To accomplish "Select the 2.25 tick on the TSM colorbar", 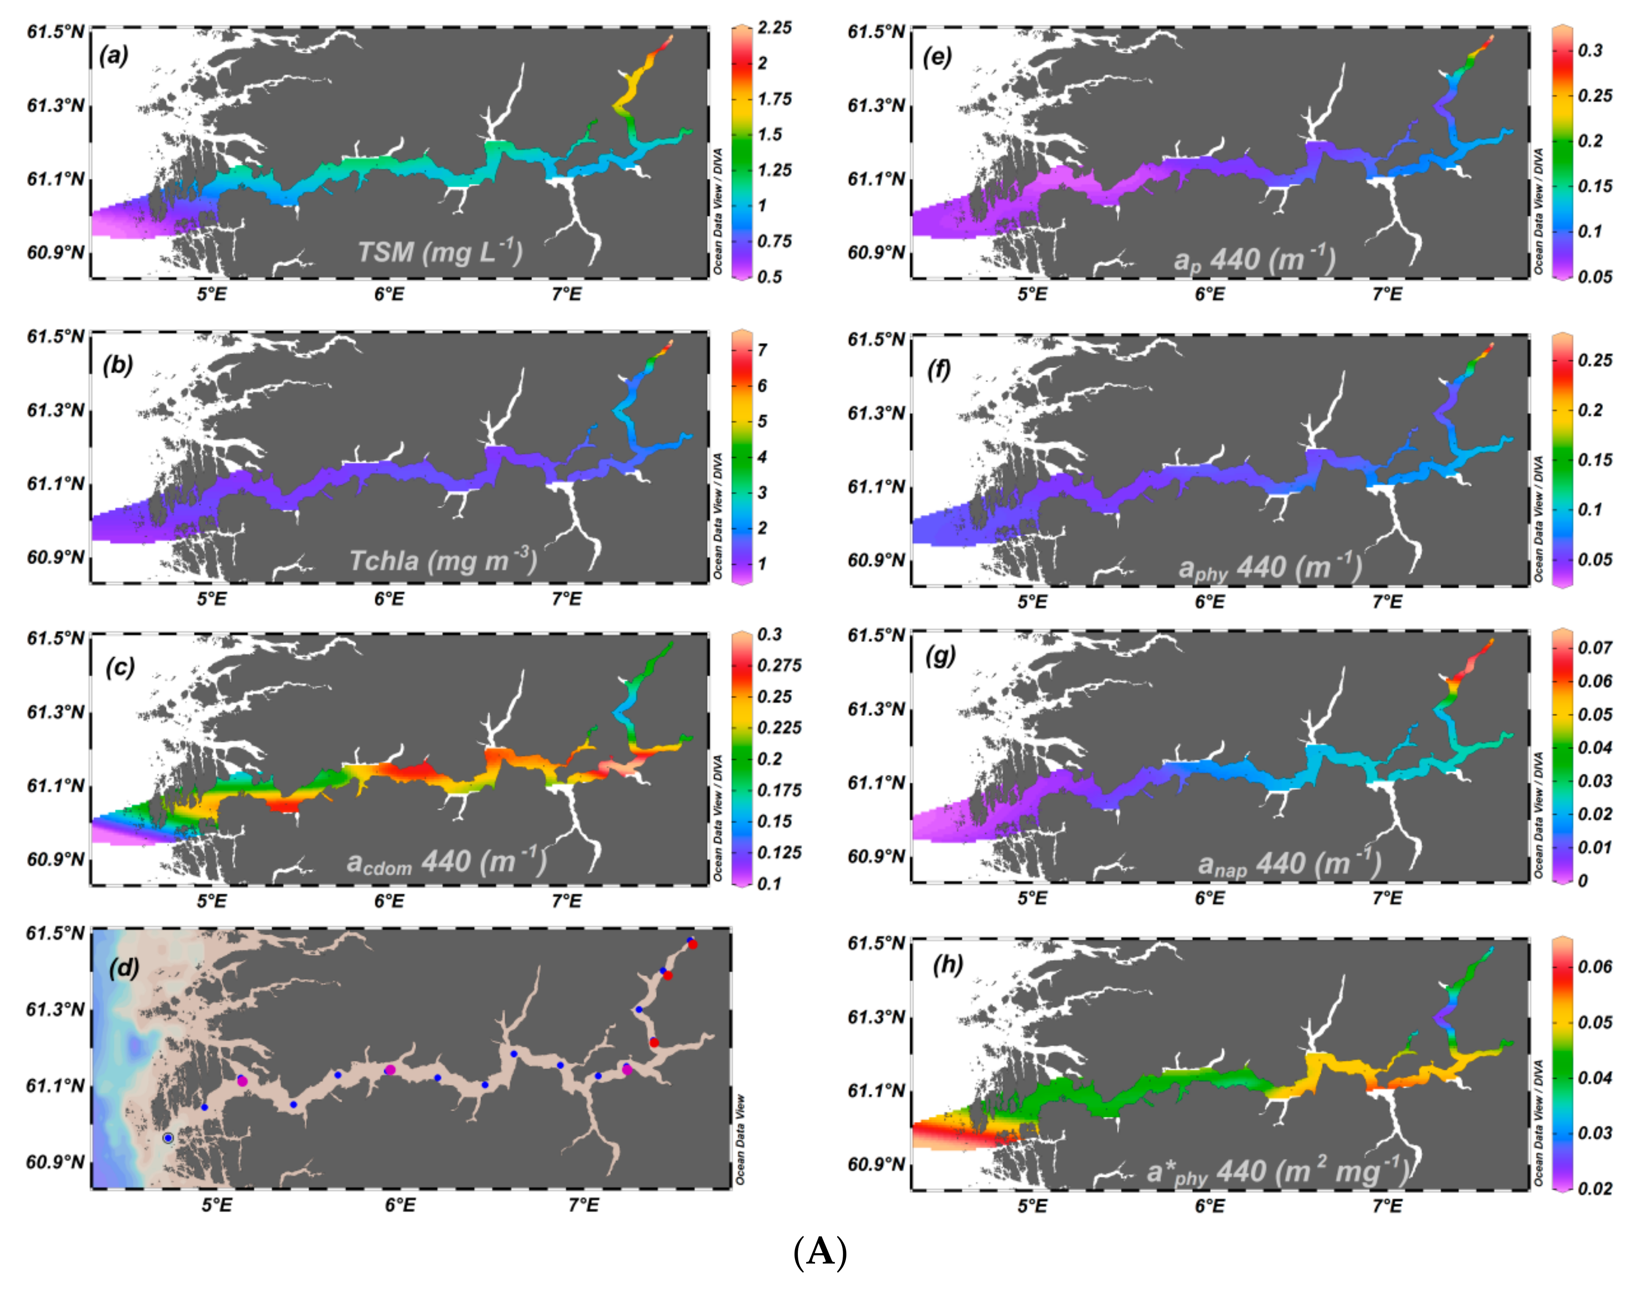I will pyautogui.click(x=774, y=28).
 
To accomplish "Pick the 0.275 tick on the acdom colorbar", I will pyautogui.click(x=779, y=666).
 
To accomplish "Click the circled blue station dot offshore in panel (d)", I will pyautogui.click(x=168, y=1138).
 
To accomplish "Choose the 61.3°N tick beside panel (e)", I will pyautogui.click(x=876, y=105).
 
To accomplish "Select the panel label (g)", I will pyautogui.click(x=940, y=655).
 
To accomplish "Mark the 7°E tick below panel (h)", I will pyautogui.click(x=1387, y=1206).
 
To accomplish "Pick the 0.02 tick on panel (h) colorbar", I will pyautogui.click(x=1594, y=1188).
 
